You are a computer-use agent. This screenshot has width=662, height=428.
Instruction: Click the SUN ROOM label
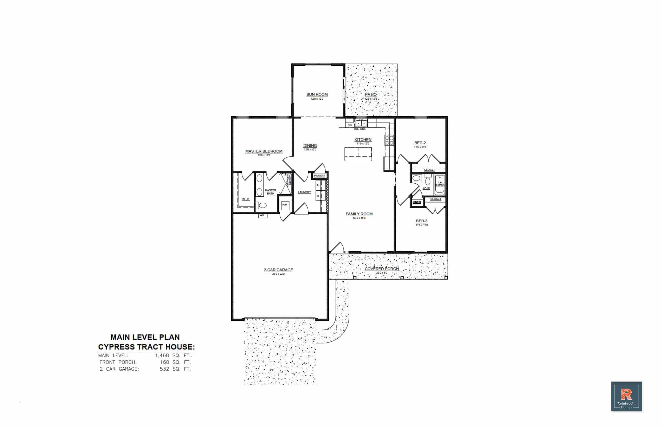(317, 94)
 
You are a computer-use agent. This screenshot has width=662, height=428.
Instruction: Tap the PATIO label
(370, 94)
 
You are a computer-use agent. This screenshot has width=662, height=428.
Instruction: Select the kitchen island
(358, 154)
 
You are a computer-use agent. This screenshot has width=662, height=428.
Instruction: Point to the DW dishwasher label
(350, 125)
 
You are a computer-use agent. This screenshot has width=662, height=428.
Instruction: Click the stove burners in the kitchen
(389, 140)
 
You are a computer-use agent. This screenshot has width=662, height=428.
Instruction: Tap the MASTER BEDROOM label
(264, 151)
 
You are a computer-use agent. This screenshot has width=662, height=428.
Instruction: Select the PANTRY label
(319, 176)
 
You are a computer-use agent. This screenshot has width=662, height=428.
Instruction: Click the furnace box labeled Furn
(285, 205)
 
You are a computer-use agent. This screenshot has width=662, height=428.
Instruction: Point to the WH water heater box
(262, 215)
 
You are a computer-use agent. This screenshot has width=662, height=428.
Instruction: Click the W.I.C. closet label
(246, 199)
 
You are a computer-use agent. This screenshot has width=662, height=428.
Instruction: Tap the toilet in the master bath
(262, 206)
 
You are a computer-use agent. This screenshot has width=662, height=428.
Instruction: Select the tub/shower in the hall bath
(440, 184)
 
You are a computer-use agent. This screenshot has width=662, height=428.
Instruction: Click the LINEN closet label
(416, 202)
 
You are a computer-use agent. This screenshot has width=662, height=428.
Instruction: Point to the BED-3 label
(421, 221)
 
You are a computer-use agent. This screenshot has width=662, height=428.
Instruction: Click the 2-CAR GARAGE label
(278, 270)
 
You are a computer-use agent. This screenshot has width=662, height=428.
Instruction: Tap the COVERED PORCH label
(381, 269)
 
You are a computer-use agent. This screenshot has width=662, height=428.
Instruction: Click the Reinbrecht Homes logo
(626, 397)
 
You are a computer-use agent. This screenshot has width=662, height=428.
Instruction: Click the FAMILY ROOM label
(359, 214)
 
